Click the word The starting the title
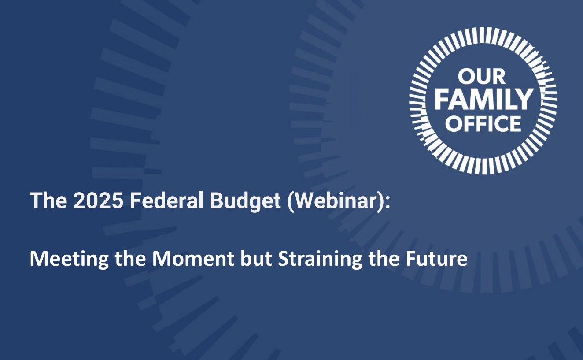pos(48,200)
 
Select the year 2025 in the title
pos(98,200)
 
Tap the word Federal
pos(167,200)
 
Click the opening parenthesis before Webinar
pos(291,202)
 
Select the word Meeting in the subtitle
pos(69,260)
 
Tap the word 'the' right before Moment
pos(130,259)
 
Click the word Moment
pos(193,259)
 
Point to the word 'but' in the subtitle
pos(256,259)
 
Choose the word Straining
pos(320,260)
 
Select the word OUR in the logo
pos(482,77)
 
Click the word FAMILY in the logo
pos(484,99)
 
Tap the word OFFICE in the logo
pos(483,124)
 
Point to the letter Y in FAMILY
pos(524,99)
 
